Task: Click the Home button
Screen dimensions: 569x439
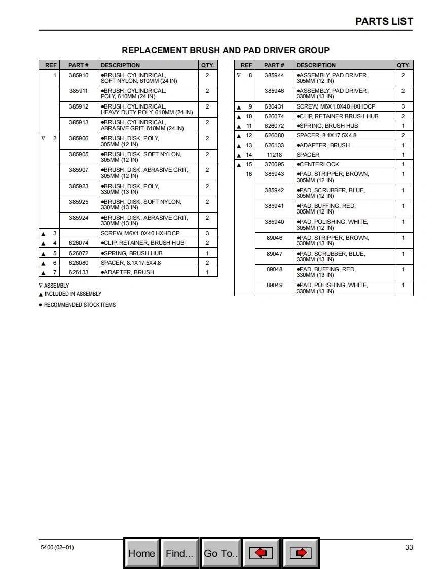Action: (x=141, y=553)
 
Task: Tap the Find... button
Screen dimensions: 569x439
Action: (x=179, y=553)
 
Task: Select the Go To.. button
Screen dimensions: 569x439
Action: (x=221, y=553)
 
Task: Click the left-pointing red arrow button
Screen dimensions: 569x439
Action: (x=261, y=553)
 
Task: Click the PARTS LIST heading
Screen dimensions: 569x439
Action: (x=384, y=21)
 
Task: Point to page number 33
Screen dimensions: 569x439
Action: (x=409, y=547)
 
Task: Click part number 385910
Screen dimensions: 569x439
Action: (x=79, y=75)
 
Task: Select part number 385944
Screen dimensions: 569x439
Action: (x=274, y=75)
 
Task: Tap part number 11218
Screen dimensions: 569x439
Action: (x=274, y=155)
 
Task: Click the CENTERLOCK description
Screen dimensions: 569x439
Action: (x=319, y=164)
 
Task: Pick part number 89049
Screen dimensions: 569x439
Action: (x=274, y=285)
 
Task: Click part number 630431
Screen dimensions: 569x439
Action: (x=274, y=106)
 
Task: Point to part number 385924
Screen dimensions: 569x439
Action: (x=79, y=218)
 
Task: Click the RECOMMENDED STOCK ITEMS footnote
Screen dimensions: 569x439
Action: (x=80, y=305)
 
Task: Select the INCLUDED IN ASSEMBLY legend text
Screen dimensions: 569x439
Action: (x=72, y=294)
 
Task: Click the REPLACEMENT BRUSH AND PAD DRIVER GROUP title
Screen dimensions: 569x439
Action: (x=226, y=50)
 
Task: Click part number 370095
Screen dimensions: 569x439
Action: (x=274, y=164)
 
